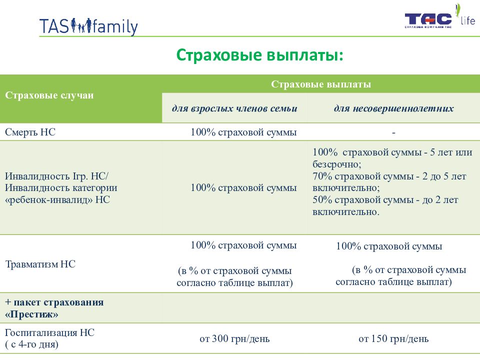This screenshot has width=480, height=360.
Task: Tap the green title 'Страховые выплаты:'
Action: pos(259,55)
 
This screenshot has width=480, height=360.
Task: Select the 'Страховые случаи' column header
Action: pos(49,95)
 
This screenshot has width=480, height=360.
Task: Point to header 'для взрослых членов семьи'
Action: pos(234,108)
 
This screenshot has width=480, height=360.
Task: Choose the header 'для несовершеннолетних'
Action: pos(393,108)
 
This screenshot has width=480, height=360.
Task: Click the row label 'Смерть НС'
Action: pos(30,132)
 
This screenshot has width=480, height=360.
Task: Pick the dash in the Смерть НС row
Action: pos(393,133)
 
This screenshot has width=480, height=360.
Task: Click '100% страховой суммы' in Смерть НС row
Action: pos(243,132)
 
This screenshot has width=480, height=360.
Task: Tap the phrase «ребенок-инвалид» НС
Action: pos(57,199)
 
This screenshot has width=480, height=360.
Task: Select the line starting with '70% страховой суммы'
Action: pos(389,176)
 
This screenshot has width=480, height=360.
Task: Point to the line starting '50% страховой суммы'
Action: pos(385,200)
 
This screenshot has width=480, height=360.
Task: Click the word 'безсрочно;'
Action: pos(337,164)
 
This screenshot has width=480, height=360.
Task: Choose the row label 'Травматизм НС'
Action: pos(40,264)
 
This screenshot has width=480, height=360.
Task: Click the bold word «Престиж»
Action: pos(31,314)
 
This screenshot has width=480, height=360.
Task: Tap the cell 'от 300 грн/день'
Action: pos(234,339)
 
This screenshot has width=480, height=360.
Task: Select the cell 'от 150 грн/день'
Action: pos(393,339)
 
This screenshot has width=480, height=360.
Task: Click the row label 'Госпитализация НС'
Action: pos(50,332)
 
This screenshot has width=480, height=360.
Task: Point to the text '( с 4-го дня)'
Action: pos(32,344)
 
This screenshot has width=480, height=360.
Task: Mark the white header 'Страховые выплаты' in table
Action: pos(321,84)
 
